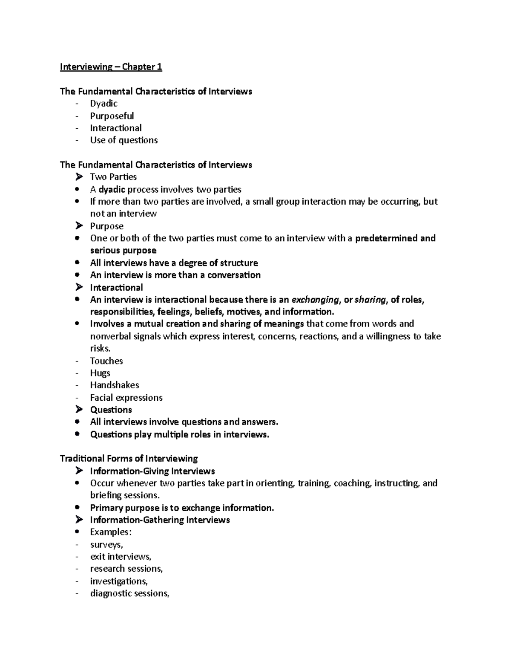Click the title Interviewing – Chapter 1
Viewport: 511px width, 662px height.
click(x=111, y=67)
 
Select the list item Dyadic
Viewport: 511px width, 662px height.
click(x=103, y=104)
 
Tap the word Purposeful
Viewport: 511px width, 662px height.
click(x=112, y=116)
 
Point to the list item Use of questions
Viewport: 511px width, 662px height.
click(x=123, y=140)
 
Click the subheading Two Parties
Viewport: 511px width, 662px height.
click(x=113, y=177)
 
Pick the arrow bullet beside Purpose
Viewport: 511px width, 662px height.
click(x=78, y=226)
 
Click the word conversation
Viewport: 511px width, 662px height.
click(x=234, y=275)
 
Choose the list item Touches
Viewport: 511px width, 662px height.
click(x=106, y=361)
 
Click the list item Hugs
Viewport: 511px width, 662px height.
click(x=100, y=373)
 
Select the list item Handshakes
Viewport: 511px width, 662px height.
click(x=115, y=385)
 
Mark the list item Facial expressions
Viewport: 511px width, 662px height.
click(x=126, y=398)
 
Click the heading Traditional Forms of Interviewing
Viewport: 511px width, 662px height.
click(x=129, y=459)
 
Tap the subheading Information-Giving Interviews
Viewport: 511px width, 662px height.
click(x=152, y=471)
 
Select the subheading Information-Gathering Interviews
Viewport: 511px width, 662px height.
click(x=160, y=520)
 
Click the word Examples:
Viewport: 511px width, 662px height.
click(x=111, y=532)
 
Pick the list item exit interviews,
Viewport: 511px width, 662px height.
click(x=121, y=557)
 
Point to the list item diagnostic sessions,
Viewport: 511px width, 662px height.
click(x=129, y=593)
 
